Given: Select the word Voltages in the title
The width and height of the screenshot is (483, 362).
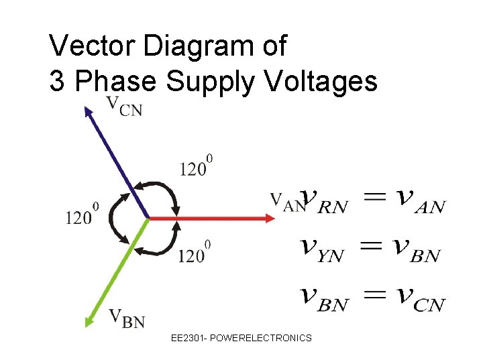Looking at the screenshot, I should (x=321, y=81).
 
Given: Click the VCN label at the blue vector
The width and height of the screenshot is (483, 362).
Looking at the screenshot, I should (x=124, y=106).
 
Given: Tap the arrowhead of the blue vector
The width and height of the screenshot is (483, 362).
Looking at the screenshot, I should (x=88, y=111).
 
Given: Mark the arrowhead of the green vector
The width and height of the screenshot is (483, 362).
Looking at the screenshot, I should (x=89, y=321).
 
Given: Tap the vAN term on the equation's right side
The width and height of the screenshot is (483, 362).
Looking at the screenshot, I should (x=420, y=200).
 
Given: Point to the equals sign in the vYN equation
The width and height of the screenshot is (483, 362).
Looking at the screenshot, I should (x=372, y=248).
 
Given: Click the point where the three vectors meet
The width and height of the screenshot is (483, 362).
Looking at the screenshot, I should (x=148, y=218).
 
